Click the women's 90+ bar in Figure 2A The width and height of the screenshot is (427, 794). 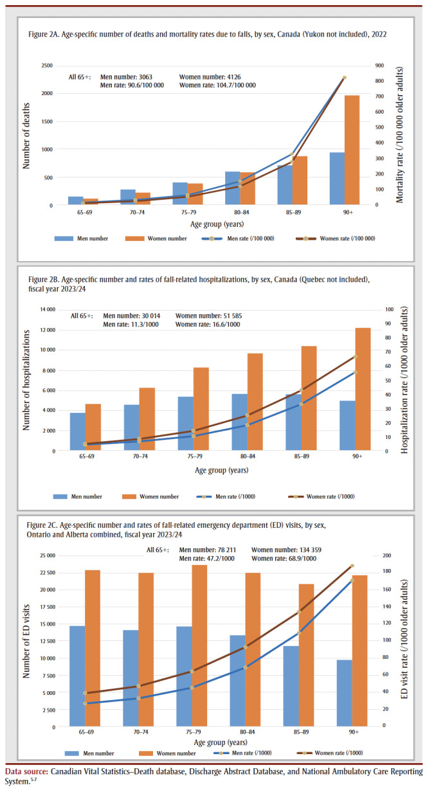point(352,150)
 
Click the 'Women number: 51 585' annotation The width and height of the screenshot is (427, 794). point(209,316)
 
